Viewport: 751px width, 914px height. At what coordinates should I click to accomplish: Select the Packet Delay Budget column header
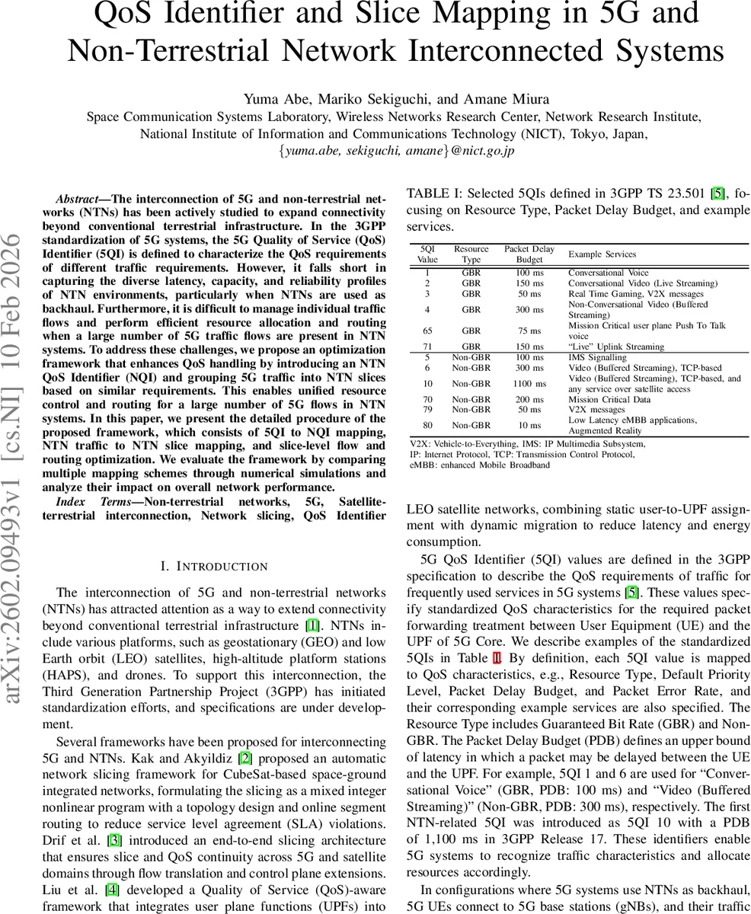pos(529,254)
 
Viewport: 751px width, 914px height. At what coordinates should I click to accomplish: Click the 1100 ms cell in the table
pos(529,384)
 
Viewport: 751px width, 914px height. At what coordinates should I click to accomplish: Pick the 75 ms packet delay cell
pos(529,331)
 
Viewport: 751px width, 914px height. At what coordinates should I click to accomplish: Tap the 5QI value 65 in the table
pos(427,331)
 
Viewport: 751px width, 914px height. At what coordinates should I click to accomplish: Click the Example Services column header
pos(602,254)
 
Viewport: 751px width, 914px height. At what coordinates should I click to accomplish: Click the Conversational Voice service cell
pos(608,273)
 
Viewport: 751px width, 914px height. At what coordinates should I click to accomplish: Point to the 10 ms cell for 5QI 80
pos(529,426)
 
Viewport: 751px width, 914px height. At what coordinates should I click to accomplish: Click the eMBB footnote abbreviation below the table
pos(421,465)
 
